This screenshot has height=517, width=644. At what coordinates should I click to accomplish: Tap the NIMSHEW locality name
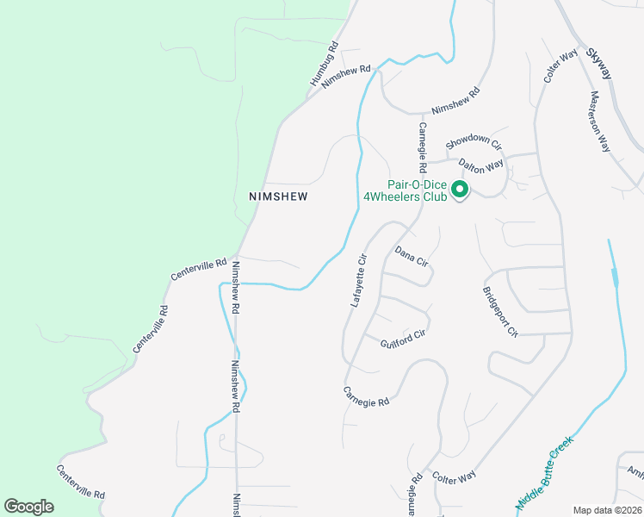(x=278, y=196)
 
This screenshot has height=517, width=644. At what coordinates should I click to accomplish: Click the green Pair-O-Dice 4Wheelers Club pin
(x=460, y=189)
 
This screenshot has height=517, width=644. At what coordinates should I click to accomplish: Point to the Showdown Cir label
(x=474, y=141)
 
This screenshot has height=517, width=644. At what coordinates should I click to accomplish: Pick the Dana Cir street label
(x=412, y=257)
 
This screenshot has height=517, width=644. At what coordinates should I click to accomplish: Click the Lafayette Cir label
(x=359, y=280)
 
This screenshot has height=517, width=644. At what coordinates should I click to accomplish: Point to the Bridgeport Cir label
(x=500, y=311)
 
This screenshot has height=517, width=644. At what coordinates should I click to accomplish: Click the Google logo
(x=28, y=507)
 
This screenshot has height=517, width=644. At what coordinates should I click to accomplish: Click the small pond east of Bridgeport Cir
(x=613, y=277)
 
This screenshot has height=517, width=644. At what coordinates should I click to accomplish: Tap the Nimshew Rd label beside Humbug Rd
(x=346, y=76)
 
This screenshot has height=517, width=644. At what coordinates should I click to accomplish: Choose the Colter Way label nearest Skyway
(x=560, y=66)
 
